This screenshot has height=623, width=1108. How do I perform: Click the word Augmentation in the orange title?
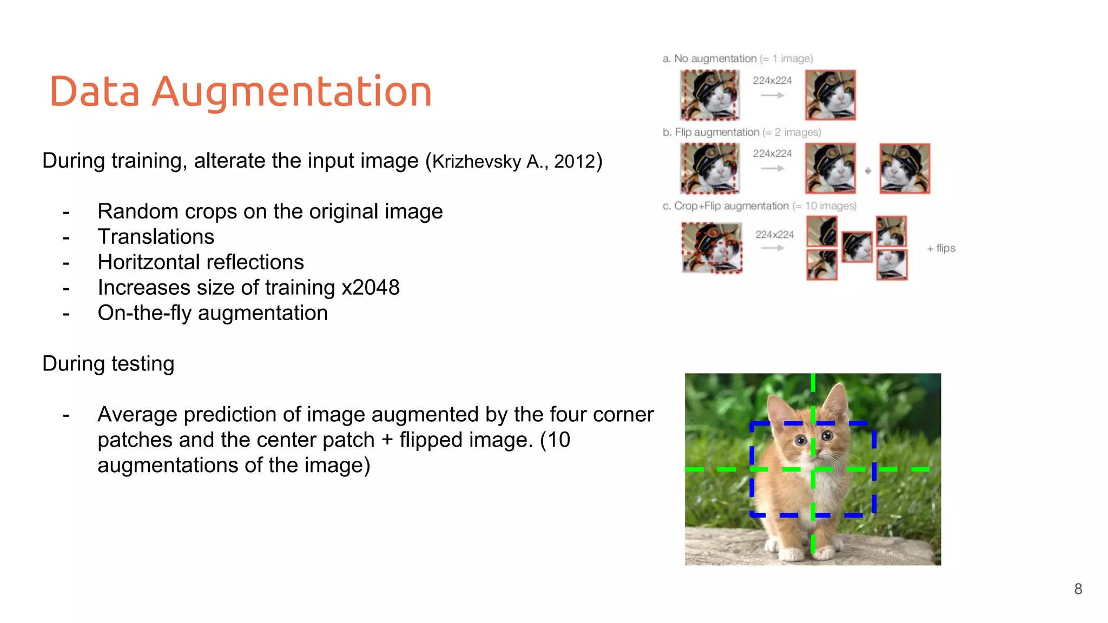coord(292,91)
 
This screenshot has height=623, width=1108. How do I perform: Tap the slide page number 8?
coord(1078,589)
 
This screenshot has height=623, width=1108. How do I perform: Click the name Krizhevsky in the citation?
coord(476,162)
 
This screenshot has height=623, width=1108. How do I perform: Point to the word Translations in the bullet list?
coord(156,237)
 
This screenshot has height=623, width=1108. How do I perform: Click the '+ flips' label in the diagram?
coord(941,248)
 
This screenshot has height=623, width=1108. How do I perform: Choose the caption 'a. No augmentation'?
coord(709,58)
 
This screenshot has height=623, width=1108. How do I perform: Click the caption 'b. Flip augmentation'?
coord(711,132)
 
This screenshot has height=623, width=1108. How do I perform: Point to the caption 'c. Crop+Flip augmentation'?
coord(726,206)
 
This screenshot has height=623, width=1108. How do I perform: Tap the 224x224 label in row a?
coord(772,81)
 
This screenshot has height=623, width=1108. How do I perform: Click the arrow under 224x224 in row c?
coord(773,248)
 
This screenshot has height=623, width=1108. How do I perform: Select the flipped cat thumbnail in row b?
coord(905,168)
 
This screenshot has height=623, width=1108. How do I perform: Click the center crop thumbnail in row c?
coord(857,247)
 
